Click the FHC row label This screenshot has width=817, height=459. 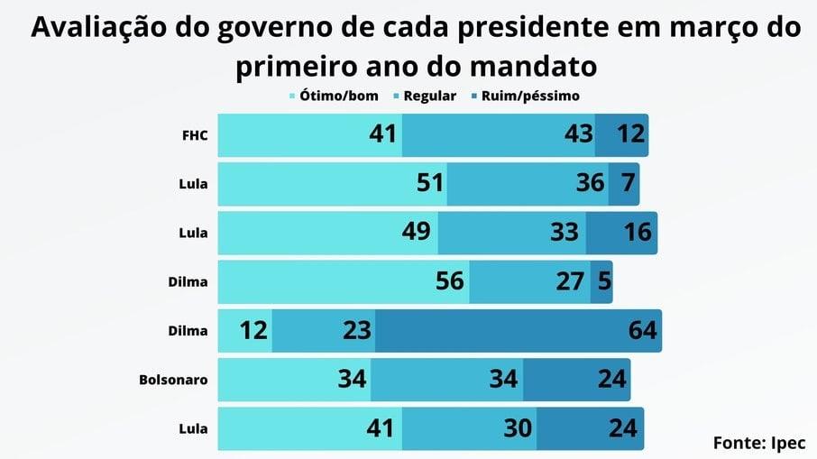194,135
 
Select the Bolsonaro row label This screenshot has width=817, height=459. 173,380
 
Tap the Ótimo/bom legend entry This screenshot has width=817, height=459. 334,96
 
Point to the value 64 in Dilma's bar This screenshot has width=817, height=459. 643,331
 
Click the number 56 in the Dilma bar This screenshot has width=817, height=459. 448,281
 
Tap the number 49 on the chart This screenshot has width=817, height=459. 417,233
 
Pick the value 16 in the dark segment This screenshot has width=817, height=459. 637,233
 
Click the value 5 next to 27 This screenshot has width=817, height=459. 603,281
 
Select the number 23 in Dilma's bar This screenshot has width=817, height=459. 356,331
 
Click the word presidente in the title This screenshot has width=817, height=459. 555,28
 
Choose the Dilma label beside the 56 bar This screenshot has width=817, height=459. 188,282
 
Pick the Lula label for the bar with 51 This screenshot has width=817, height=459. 193,184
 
